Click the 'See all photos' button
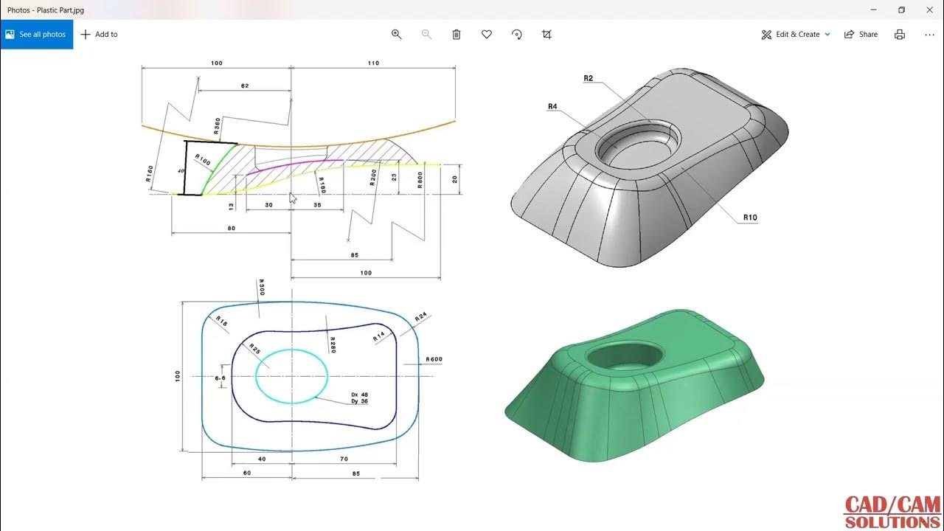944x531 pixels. click(x=36, y=35)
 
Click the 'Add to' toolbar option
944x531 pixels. click(x=99, y=35)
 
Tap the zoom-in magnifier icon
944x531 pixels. click(x=396, y=35)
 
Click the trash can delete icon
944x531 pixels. click(x=457, y=35)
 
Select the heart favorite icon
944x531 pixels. click(x=487, y=35)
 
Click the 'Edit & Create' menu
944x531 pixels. click(x=796, y=35)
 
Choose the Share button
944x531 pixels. click(x=861, y=35)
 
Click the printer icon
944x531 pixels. click(x=900, y=35)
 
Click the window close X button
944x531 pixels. click(x=929, y=10)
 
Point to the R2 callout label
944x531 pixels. click(x=588, y=78)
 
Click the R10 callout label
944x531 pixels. click(x=750, y=218)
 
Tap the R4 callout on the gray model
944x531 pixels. click(x=552, y=107)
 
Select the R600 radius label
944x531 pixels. click(x=434, y=360)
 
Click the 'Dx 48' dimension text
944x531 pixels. click(x=359, y=395)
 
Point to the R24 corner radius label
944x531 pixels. click(x=420, y=317)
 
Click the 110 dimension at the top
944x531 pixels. click(x=373, y=63)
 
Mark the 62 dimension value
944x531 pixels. click(x=245, y=86)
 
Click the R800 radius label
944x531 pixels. click(x=420, y=181)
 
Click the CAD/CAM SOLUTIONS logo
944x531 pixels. click(x=892, y=513)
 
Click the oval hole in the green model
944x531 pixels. click(x=623, y=355)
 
